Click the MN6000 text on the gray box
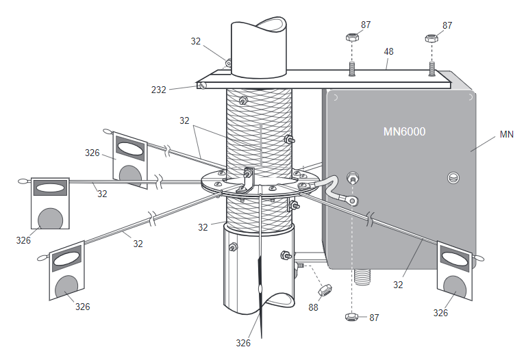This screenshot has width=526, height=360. pos(404,131)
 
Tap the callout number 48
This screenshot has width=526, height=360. pos(388,51)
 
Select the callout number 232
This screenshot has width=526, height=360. pos(159,90)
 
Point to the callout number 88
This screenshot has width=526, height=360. pos(313,307)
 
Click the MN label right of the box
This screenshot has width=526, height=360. pos(507,134)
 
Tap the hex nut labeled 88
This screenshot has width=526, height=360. pos(325,290)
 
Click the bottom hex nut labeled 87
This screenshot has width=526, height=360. pos(351,317)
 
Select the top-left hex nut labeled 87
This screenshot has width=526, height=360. pos(352,37)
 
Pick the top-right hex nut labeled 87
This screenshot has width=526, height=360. pos(431,38)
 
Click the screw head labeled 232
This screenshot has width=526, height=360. pos(203,86)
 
